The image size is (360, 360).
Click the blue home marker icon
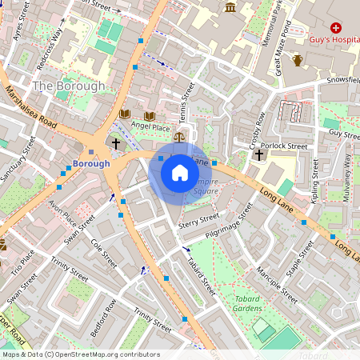click(180, 172)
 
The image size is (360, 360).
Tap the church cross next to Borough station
click(116, 144)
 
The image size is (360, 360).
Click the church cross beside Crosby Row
click(259, 154)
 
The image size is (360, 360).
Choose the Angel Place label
click(151, 126)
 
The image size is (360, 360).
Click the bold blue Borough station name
click(90, 163)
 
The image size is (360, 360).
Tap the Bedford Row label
click(105, 317)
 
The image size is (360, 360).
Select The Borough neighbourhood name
click(69, 86)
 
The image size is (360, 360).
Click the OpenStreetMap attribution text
click(80, 354)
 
